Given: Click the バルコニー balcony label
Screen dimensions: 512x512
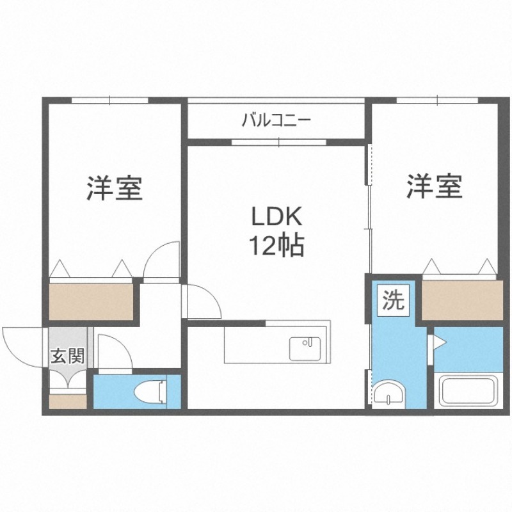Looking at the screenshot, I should click(x=276, y=120).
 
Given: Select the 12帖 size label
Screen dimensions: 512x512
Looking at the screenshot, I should click(x=276, y=246).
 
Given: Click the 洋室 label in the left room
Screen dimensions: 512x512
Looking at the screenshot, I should click(x=115, y=188).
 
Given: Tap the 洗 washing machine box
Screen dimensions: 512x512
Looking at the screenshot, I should click(x=394, y=301).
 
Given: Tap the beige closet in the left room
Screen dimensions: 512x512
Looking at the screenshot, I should click(x=90, y=300).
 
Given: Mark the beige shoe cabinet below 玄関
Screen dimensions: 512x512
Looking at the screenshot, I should click(x=67, y=401).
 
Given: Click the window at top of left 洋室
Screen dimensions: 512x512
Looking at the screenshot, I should click(x=109, y=100).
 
